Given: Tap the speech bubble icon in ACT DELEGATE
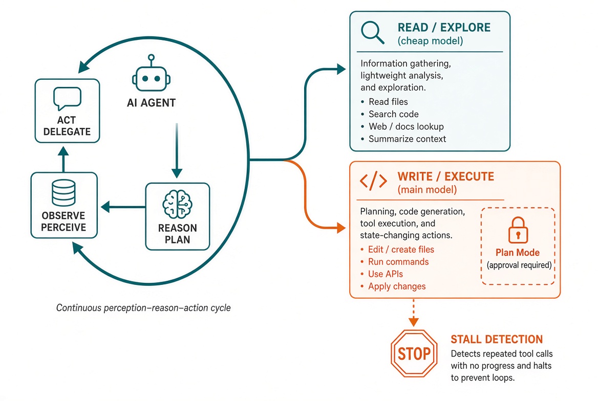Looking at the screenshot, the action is tap(67, 98).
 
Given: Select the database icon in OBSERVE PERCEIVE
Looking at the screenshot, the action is tap(63, 193).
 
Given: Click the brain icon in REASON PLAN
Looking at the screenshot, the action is tap(177, 204).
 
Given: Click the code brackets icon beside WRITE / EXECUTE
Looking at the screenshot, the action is tap(373, 181).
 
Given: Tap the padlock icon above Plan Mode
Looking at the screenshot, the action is tap(518, 230).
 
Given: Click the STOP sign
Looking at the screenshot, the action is tap(414, 353).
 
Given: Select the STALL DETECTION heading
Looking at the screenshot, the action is tap(497, 339).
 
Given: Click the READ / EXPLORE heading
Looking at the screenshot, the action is tap(444, 28).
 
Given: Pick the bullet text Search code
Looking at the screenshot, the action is tap(394, 114).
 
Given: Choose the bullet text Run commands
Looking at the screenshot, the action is tap(398, 261).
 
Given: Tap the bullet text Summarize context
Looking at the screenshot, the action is tap(408, 139).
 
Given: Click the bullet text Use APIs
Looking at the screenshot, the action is tap(385, 274).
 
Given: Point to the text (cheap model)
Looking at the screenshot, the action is tap(430, 41).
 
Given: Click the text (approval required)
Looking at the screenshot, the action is tap(519, 265).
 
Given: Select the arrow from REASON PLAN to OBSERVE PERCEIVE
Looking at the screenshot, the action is tap(123, 207).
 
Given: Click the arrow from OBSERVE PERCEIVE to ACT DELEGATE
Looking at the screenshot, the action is tap(63, 160).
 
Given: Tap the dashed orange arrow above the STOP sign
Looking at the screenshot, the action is tap(413, 313).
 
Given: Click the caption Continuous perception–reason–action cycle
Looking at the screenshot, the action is tap(143, 307).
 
